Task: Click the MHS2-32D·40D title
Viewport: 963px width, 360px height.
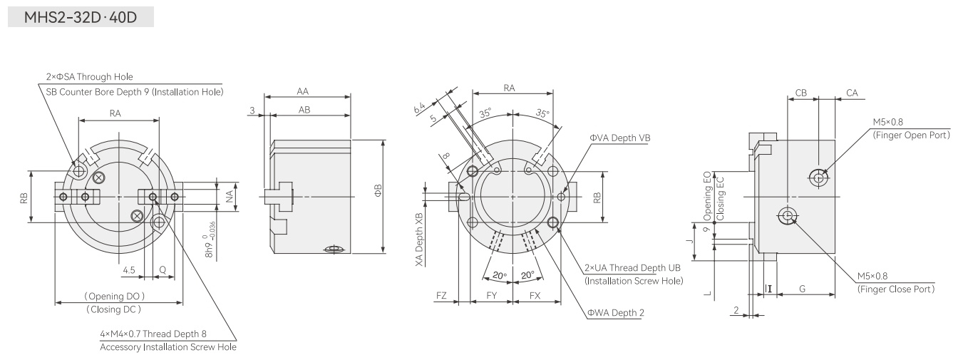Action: (x=81, y=17)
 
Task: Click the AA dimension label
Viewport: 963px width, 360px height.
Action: (x=303, y=91)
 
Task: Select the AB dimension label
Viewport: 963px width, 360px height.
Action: (x=304, y=110)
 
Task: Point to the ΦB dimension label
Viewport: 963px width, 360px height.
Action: (x=378, y=190)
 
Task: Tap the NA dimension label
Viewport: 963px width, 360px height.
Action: (x=230, y=196)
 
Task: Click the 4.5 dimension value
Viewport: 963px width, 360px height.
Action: (x=129, y=270)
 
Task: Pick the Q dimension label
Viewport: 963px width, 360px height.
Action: (x=163, y=269)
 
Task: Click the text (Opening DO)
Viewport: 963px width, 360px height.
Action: (x=114, y=297)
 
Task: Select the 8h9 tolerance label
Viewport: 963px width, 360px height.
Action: (x=210, y=240)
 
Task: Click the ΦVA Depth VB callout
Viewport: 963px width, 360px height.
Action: (x=620, y=138)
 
